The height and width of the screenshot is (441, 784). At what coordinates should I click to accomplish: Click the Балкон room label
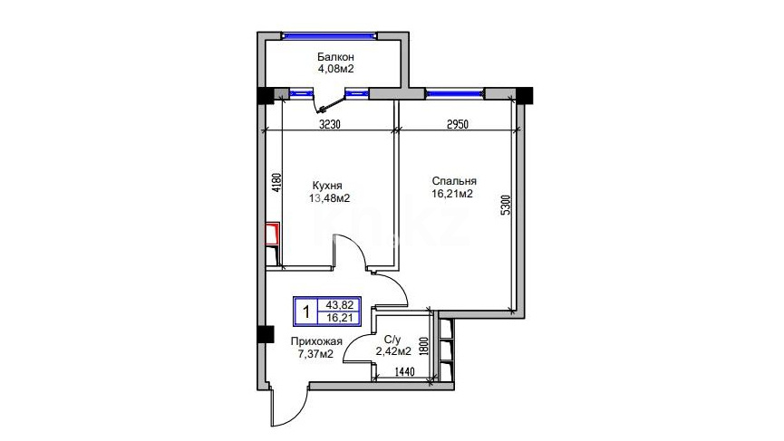335,57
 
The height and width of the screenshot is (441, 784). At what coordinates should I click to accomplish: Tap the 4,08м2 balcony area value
335,69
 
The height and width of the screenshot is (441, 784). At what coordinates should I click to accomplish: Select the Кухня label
327,186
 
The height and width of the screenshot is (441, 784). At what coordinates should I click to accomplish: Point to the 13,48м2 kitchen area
329,198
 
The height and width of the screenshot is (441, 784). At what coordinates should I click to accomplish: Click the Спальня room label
454,181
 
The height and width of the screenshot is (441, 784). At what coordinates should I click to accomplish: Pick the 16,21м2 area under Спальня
452,193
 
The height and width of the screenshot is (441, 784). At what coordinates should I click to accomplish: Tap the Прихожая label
316,341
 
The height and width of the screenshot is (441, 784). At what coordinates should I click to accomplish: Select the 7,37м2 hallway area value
315,354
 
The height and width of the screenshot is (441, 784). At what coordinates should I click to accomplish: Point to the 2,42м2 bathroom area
393,351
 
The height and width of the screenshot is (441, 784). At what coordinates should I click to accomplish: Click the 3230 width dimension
330,124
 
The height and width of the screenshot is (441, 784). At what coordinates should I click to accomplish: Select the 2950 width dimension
458,124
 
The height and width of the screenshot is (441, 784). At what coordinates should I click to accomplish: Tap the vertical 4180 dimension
275,183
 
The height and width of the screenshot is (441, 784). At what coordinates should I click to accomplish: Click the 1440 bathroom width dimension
405,371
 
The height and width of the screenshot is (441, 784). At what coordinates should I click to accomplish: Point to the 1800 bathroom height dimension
424,345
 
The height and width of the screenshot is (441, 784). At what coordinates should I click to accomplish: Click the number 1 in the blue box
306,312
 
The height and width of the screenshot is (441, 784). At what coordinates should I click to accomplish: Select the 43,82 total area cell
340,304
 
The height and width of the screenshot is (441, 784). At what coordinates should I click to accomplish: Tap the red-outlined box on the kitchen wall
272,234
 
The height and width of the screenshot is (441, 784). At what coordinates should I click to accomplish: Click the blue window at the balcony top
329,35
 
